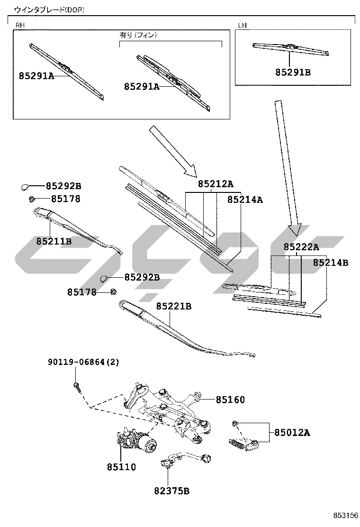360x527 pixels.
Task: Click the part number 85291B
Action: [x=293, y=73]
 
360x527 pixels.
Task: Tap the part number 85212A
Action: [x=216, y=184]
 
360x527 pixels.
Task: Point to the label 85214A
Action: [x=245, y=200]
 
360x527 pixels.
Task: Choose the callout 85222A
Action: [x=301, y=247]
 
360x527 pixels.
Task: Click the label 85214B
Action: [x=330, y=262]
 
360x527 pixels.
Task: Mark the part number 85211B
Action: [x=54, y=241]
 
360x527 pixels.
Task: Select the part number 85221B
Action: [x=174, y=306]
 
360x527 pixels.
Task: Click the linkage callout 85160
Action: [x=231, y=400]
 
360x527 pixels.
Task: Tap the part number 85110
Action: [x=121, y=467]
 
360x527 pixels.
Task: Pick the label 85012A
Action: [x=292, y=432]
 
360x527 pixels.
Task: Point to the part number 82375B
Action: [x=171, y=491]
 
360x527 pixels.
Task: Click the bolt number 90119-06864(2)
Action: [x=83, y=362]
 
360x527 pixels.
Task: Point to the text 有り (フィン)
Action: [x=138, y=35]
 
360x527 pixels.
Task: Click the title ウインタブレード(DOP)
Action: [x=49, y=9]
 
